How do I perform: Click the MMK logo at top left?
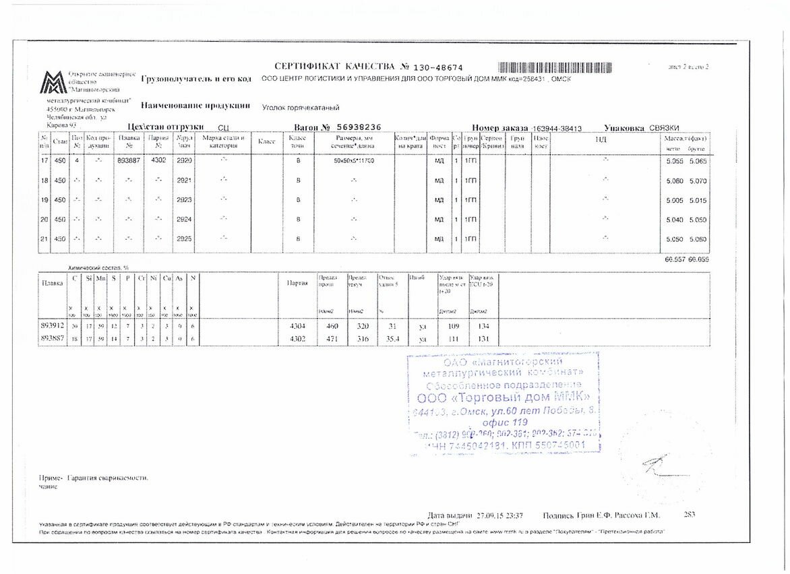coord(53,83)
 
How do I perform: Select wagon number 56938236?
coord(359,127)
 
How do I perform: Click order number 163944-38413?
coord(557,128)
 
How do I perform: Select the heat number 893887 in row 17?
coord(129,161)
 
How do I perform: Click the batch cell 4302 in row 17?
coord(158,161)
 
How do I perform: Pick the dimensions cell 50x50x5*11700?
coord(354,162)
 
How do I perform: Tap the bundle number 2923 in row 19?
coord(184,200)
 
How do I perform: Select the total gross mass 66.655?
coord(698,259)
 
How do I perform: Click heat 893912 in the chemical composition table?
coord(53,326)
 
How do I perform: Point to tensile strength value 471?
coord(331,338)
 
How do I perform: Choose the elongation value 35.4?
coord(386,338)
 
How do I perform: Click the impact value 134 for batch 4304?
coord(481,326)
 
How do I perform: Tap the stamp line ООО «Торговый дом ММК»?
coord(504,397)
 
